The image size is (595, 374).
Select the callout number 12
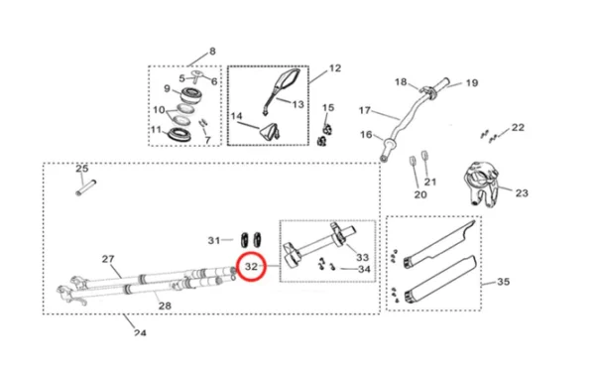click(335, 68)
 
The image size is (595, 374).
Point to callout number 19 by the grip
click(472, 83)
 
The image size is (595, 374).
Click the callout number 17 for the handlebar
click(364, 110)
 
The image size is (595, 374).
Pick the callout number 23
click(523, 192)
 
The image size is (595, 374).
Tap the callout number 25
click(82, 169)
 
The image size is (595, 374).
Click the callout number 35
click(503, 283)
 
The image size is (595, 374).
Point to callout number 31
click(215, 240)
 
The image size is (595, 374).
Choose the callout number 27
click(109, 259)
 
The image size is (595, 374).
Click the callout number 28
click(165, 306)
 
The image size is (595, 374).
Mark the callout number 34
click(364, 269)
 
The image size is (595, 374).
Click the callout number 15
click(328, 107)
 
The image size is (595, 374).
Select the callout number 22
click(518, 127)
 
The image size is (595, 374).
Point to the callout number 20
click(419, 195)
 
